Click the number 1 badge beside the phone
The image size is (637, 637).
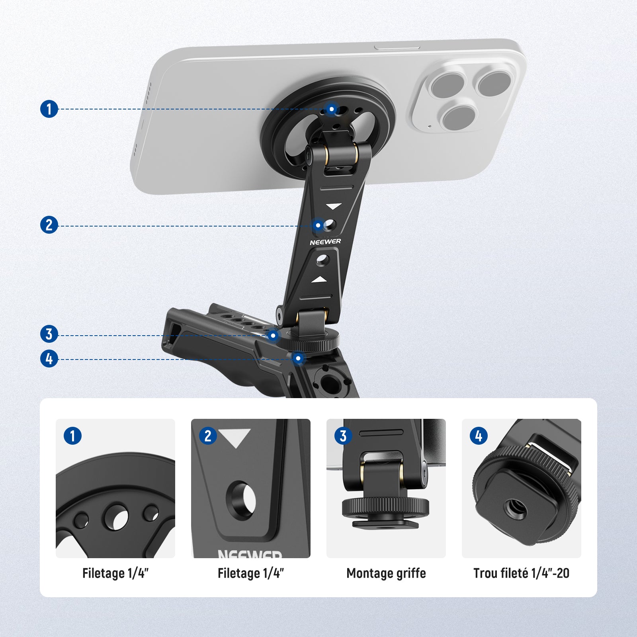49,109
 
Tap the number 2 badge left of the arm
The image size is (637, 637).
49,225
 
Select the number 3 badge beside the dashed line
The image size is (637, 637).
49,334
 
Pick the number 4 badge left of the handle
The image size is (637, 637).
49,359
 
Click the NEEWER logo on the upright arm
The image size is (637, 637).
325,242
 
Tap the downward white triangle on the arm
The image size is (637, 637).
334,206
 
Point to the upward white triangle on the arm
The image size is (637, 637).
319,279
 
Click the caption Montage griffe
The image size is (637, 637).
386,573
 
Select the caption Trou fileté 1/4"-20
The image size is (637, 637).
521,573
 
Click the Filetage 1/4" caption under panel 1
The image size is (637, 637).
115,573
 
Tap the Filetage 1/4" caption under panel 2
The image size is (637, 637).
251,573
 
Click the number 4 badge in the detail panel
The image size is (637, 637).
479,436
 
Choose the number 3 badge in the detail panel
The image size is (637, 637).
343,436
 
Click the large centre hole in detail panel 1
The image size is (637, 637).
115,517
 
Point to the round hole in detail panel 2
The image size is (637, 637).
241,500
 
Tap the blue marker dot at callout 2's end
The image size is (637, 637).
318,225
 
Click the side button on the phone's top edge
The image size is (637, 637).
397,47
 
